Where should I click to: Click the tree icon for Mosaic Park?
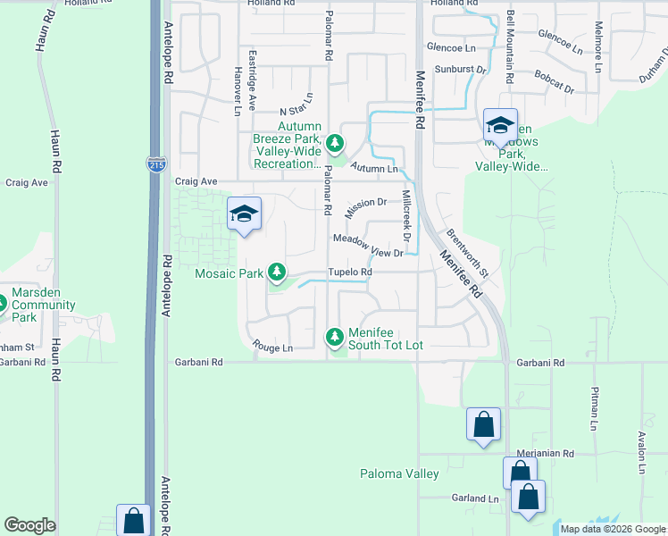[278, 271]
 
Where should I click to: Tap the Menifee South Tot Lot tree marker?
[335, 337]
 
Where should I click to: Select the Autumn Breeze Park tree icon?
[335, 142]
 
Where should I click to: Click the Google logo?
[30, 526]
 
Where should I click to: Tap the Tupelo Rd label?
[349, 272]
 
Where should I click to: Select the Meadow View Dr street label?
[369, 245]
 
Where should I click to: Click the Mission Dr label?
[365, 208]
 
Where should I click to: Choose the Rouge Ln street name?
[272, 348]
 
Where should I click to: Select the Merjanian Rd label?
[545, 454]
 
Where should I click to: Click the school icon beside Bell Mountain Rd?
[500, 124]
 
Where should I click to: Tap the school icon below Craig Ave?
[244, 214]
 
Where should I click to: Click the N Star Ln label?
[297, 106]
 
